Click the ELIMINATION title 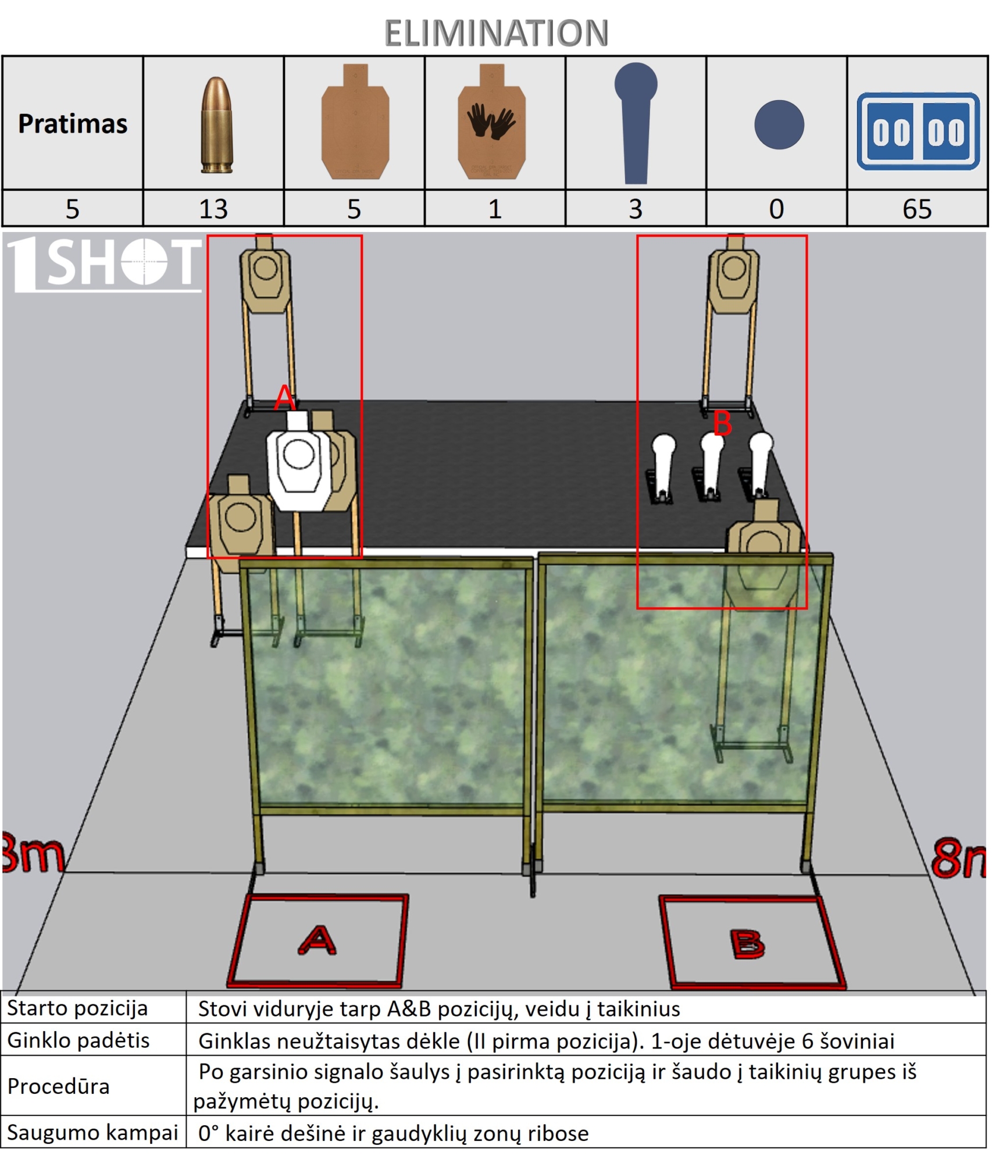point(496,33)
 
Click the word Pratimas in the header point(73,124)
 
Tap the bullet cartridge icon point(216,125)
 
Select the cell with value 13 point(213,209)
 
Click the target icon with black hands point(492,122)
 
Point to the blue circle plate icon point(779,124)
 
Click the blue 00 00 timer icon point(918,131)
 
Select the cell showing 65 point(917,209)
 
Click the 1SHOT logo point(105,263)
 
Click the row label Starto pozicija point(77,1008)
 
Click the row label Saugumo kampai point(92,1132)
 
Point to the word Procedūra point(58,1086)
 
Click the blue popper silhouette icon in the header point(636,123)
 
